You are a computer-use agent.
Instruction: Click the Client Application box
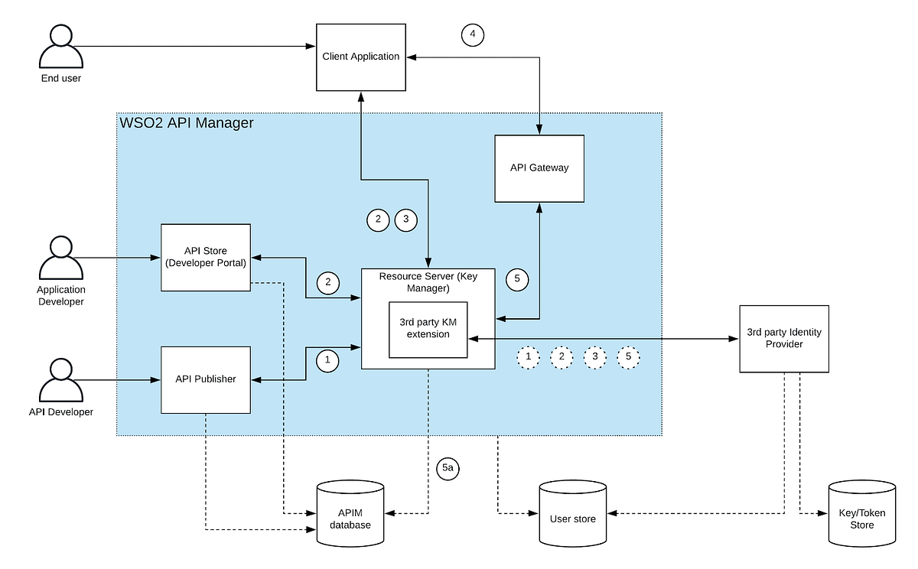tap(360, 57)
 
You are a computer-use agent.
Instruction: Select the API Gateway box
tap(539, 168)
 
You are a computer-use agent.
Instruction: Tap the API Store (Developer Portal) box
tap(206, 257)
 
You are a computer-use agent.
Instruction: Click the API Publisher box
tap(206, 379)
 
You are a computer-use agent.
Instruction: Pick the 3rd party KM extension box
tap(428, 328)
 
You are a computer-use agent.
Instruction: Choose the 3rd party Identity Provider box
tap(784, 338)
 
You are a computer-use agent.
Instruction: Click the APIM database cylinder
tap(350, 513)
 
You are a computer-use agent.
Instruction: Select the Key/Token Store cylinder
tap(862, 513)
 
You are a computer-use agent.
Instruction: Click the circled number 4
tap(473, 34)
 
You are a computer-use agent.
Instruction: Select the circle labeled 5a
tap(448, 470)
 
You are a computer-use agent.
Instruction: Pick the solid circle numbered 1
tap(327, 359)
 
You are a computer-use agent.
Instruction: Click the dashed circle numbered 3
tap(595, 357)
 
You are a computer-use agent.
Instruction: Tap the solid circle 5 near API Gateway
tap(517, 279)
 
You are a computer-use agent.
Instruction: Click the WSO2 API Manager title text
tap(187, 122)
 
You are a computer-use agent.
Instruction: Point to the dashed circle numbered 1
tap(528, 357)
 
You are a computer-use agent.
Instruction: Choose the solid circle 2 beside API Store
tap(327, 282)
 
